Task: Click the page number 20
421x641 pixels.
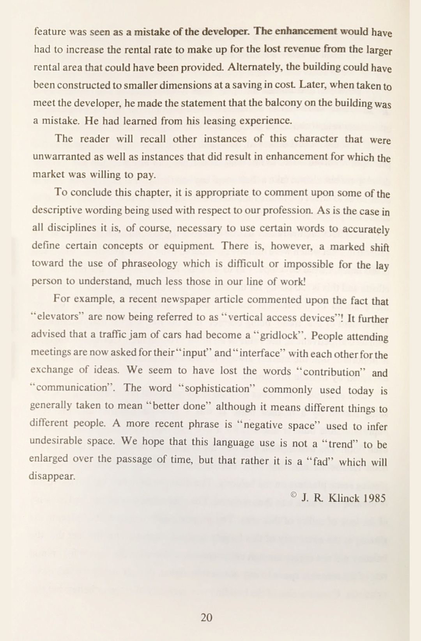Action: pyautogui.click(x=206, y=617)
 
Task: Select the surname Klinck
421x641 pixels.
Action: pyautogui.click(x=344, y=498)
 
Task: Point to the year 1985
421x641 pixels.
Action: pyautogui.click(x=374, y=498)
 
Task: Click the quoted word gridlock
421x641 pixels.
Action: pyautogui.click(x=279, y=336)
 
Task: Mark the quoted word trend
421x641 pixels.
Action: pyautogui.click(x=338, y=444)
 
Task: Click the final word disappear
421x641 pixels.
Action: pyautogui.click(x=52, y=476)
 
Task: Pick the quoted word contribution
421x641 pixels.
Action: pyautogui.click(x=331, y=372)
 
